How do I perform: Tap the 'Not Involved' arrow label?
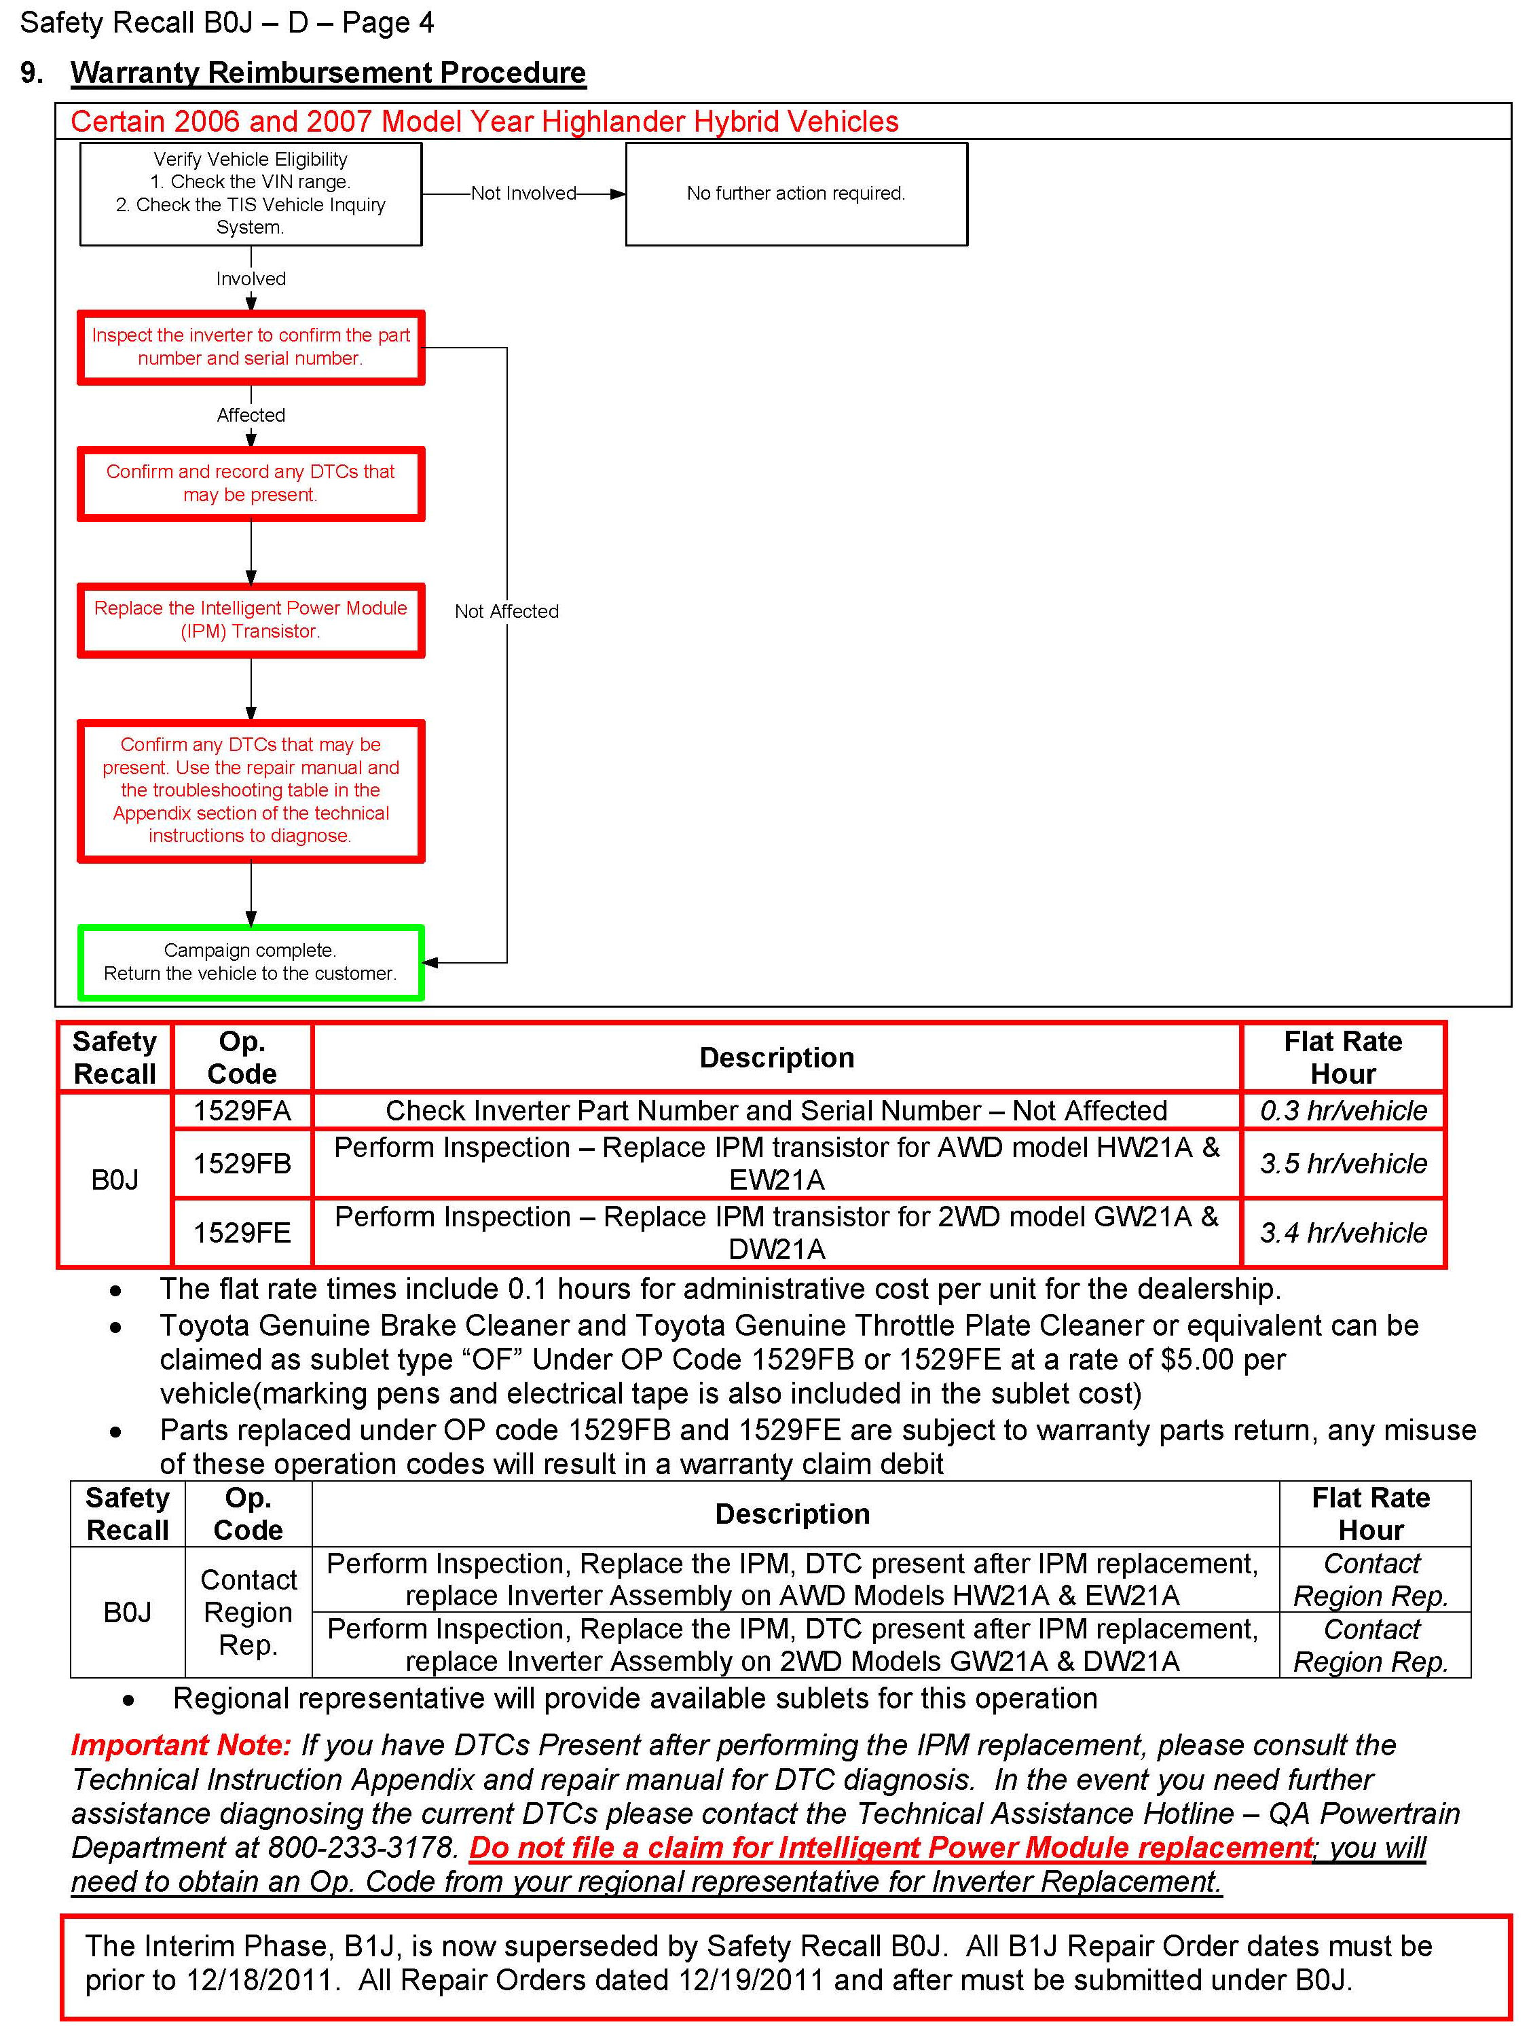tap(523, 193)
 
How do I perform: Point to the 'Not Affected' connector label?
tap(506, 611)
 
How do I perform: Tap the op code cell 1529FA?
tap(242, 1110)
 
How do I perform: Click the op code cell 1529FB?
tap(242, 1164)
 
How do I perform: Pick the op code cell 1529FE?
tap(242, 1232)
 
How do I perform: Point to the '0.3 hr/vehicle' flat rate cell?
tap(1343, 1110)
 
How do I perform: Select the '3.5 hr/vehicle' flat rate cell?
tap(1343, 1164)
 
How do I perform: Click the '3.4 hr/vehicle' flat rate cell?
tap(1343, 1232)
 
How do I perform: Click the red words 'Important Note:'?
tap(181, 1744)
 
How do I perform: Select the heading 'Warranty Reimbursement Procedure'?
tap(328, 73)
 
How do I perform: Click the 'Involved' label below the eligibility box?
tap(251, 278)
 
